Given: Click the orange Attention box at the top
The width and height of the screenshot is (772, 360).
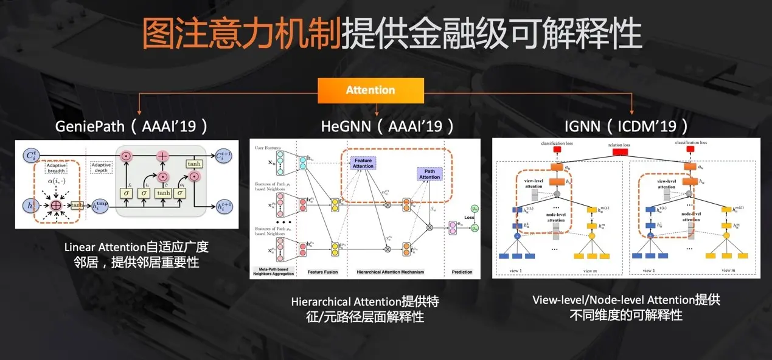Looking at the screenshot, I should [x=370, y=90].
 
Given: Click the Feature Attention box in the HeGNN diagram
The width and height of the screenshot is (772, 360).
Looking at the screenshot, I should [x=363, y=162].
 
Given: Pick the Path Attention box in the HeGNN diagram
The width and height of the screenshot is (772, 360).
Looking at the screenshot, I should [x=429, y=173].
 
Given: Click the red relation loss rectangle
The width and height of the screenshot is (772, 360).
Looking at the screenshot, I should [x=619, y=152].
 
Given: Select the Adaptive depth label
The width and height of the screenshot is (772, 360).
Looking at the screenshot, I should [x=101, y=168].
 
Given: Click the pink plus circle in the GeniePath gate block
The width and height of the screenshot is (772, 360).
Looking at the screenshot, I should [x=162, y=156].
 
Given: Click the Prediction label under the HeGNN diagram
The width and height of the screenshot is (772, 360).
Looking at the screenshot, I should [x=462, y=272].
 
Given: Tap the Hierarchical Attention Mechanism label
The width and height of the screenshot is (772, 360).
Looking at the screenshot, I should [x=390, y=272].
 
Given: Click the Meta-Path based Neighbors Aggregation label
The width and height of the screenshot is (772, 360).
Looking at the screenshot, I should [x=273, y=271].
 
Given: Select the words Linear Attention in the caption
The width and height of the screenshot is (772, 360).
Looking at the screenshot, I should [x=105, y=247].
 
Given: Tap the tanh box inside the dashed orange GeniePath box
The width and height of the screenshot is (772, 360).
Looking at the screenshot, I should [x=76, y=205].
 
